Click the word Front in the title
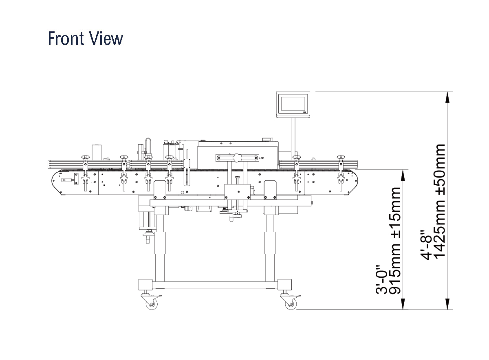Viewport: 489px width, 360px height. click(66, 38)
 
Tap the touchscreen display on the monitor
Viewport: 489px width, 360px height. click(293, 103)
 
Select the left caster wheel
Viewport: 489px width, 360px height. click(152, 304)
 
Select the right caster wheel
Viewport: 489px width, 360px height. click(291, 304)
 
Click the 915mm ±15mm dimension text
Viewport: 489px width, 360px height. click(395, 241)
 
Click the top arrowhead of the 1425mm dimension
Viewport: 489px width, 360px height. click(447, 97)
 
